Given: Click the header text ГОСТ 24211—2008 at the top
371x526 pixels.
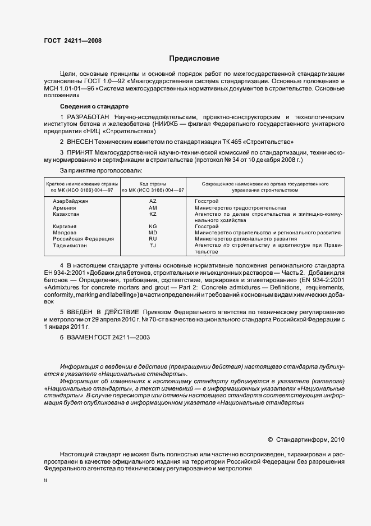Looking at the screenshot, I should (72, 40).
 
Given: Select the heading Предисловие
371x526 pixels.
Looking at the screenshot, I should (194, 58).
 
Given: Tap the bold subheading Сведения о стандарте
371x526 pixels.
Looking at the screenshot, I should (94, 106).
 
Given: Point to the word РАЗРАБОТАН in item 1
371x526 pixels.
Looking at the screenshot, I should (88, 116).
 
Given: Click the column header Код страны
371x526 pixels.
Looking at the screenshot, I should (152, 184).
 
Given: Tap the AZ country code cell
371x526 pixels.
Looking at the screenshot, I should (153, 201).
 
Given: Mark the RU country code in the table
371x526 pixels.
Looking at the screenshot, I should (153, 239).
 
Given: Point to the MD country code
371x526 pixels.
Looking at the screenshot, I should (153, 232).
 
